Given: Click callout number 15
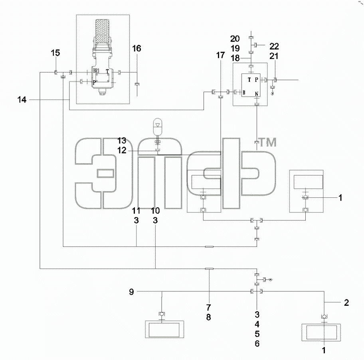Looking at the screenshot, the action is coord(55,53).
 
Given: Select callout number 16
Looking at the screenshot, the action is coord(136,49).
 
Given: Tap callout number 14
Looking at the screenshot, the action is coord(22,100).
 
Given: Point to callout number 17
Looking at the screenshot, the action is coord(220,55).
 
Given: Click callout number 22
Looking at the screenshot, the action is coord(274,46).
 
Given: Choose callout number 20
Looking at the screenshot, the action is coord(235,39).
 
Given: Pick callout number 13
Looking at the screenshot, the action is coord(122,140).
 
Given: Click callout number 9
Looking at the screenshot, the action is coord(131,292).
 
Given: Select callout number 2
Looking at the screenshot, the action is coord(346,303).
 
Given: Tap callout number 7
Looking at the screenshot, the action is coord(208,307).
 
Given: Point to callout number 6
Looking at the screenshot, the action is coord(257,344).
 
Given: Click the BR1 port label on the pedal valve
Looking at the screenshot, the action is coord(96,71).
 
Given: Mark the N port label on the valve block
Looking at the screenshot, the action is coord(257,94).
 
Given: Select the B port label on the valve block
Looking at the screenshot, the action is coord(244,92).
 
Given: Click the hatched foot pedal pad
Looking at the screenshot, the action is coord(102,32).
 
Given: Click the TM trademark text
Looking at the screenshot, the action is coord(268,142).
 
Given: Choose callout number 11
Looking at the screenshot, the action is coord(136,211).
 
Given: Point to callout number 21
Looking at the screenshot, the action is coord(274,56).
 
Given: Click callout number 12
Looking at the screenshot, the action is coord(122,150).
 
